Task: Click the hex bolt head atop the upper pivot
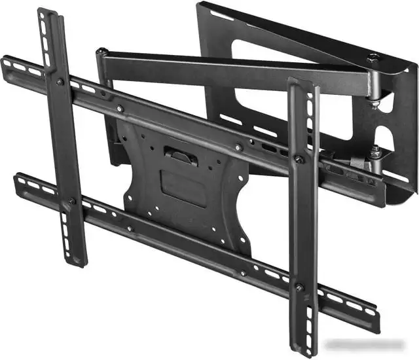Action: [374, 59]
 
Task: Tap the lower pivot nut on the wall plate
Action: [376, 153]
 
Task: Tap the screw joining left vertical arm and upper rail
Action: [60, 82]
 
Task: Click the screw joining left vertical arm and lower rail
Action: [72, 201]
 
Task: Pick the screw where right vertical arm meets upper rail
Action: [299, 159]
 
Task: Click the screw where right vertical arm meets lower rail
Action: [299, 286]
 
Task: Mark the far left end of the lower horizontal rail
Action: [18, 179]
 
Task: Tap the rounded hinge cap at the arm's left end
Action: [101, 52]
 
